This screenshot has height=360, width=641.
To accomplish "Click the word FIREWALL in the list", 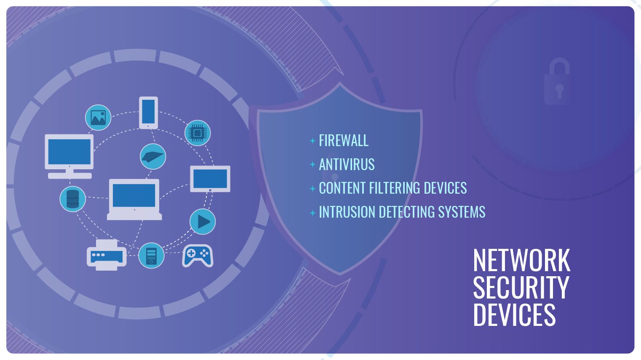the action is [x=343, y=141].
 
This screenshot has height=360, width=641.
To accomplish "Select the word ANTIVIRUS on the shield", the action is [x=347, y=165].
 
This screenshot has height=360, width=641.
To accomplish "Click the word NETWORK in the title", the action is [x=521, y=261].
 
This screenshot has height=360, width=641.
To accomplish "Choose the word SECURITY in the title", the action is [x=521, y=288].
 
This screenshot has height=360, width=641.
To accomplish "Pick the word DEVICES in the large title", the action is [x=514, y=314].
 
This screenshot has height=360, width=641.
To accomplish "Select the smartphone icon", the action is [x=148, y=112].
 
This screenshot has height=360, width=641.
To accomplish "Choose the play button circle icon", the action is [x=203, y=221].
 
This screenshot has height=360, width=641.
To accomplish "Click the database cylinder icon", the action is [x=72, y=199].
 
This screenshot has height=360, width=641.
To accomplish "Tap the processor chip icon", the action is [x=198, y=133].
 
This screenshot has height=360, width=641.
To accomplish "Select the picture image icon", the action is [x=98, y=117].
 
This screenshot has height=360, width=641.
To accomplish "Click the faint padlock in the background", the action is [x=558, y=82].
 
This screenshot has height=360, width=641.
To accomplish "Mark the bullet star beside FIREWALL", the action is [x=312, y=141].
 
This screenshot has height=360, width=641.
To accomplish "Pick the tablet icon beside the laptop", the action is [x=210, y=179].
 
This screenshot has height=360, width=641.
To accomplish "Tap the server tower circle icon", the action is [x=151, y=255].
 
